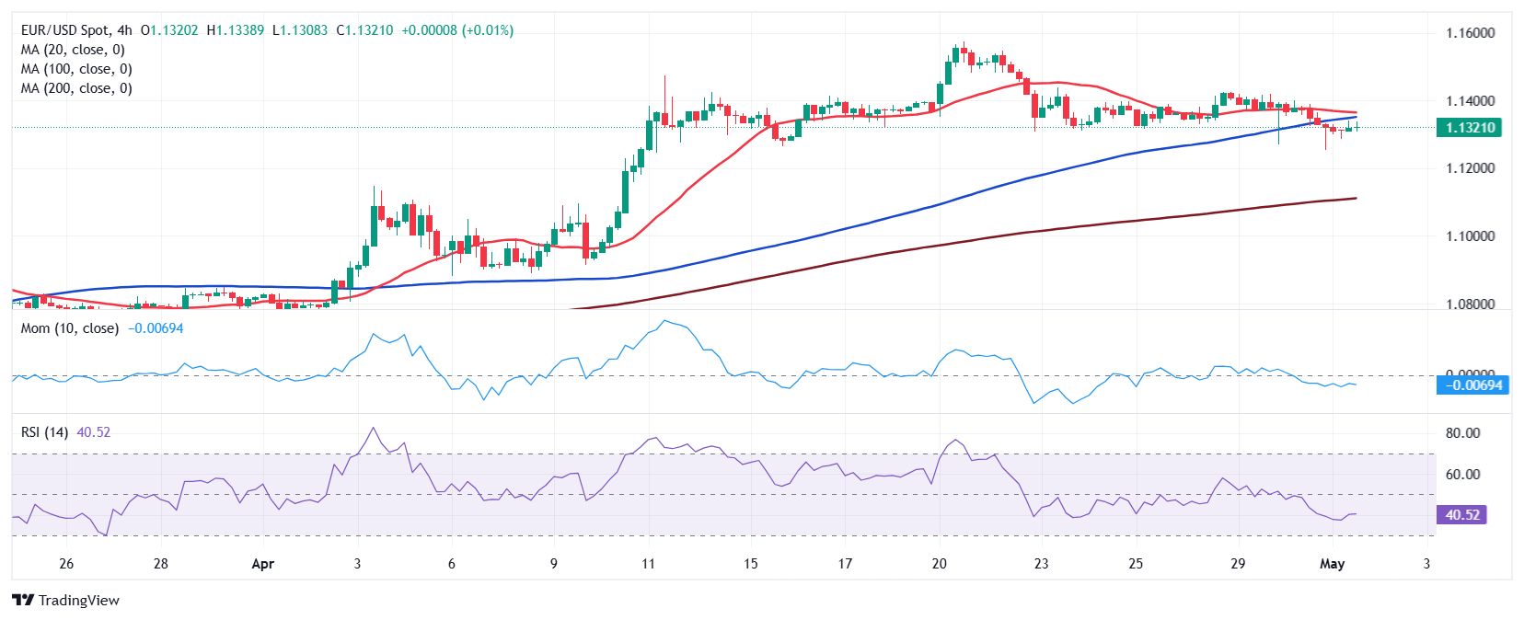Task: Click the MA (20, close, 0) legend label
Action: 73,50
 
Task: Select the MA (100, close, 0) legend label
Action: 76,69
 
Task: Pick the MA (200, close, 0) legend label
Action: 76,88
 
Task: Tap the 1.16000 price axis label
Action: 1470,33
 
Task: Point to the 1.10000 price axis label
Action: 1470,236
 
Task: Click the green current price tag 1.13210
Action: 1469,128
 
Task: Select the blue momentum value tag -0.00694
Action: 1472,385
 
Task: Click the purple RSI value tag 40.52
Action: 1461,515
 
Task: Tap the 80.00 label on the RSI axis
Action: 1462,433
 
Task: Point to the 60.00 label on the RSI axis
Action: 1462,475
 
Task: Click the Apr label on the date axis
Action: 263,564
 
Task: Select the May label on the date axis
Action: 1332,564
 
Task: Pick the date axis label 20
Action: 939,564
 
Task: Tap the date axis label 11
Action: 648,564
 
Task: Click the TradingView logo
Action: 66,601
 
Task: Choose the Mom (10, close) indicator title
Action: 70,328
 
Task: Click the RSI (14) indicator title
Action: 44,432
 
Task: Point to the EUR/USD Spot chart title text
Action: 63,30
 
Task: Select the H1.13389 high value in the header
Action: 236,30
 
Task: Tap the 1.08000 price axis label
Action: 1470,304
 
